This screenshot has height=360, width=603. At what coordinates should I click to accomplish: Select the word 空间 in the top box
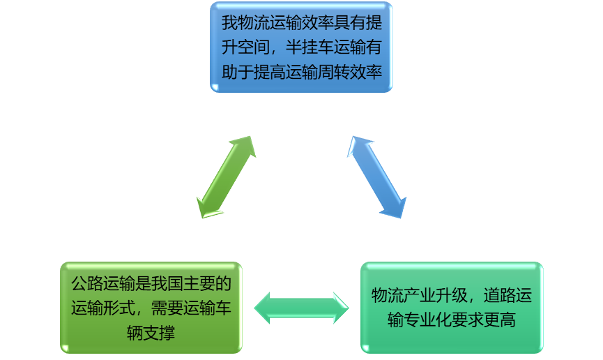tap(253, 47)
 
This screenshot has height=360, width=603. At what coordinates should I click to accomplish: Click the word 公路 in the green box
tap(87, 283)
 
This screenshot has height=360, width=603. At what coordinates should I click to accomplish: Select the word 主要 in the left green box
tap(200, 283)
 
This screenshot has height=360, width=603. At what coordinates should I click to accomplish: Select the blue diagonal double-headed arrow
tap(377, 177)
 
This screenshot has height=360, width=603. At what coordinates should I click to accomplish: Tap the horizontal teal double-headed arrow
tap(301, 308)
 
